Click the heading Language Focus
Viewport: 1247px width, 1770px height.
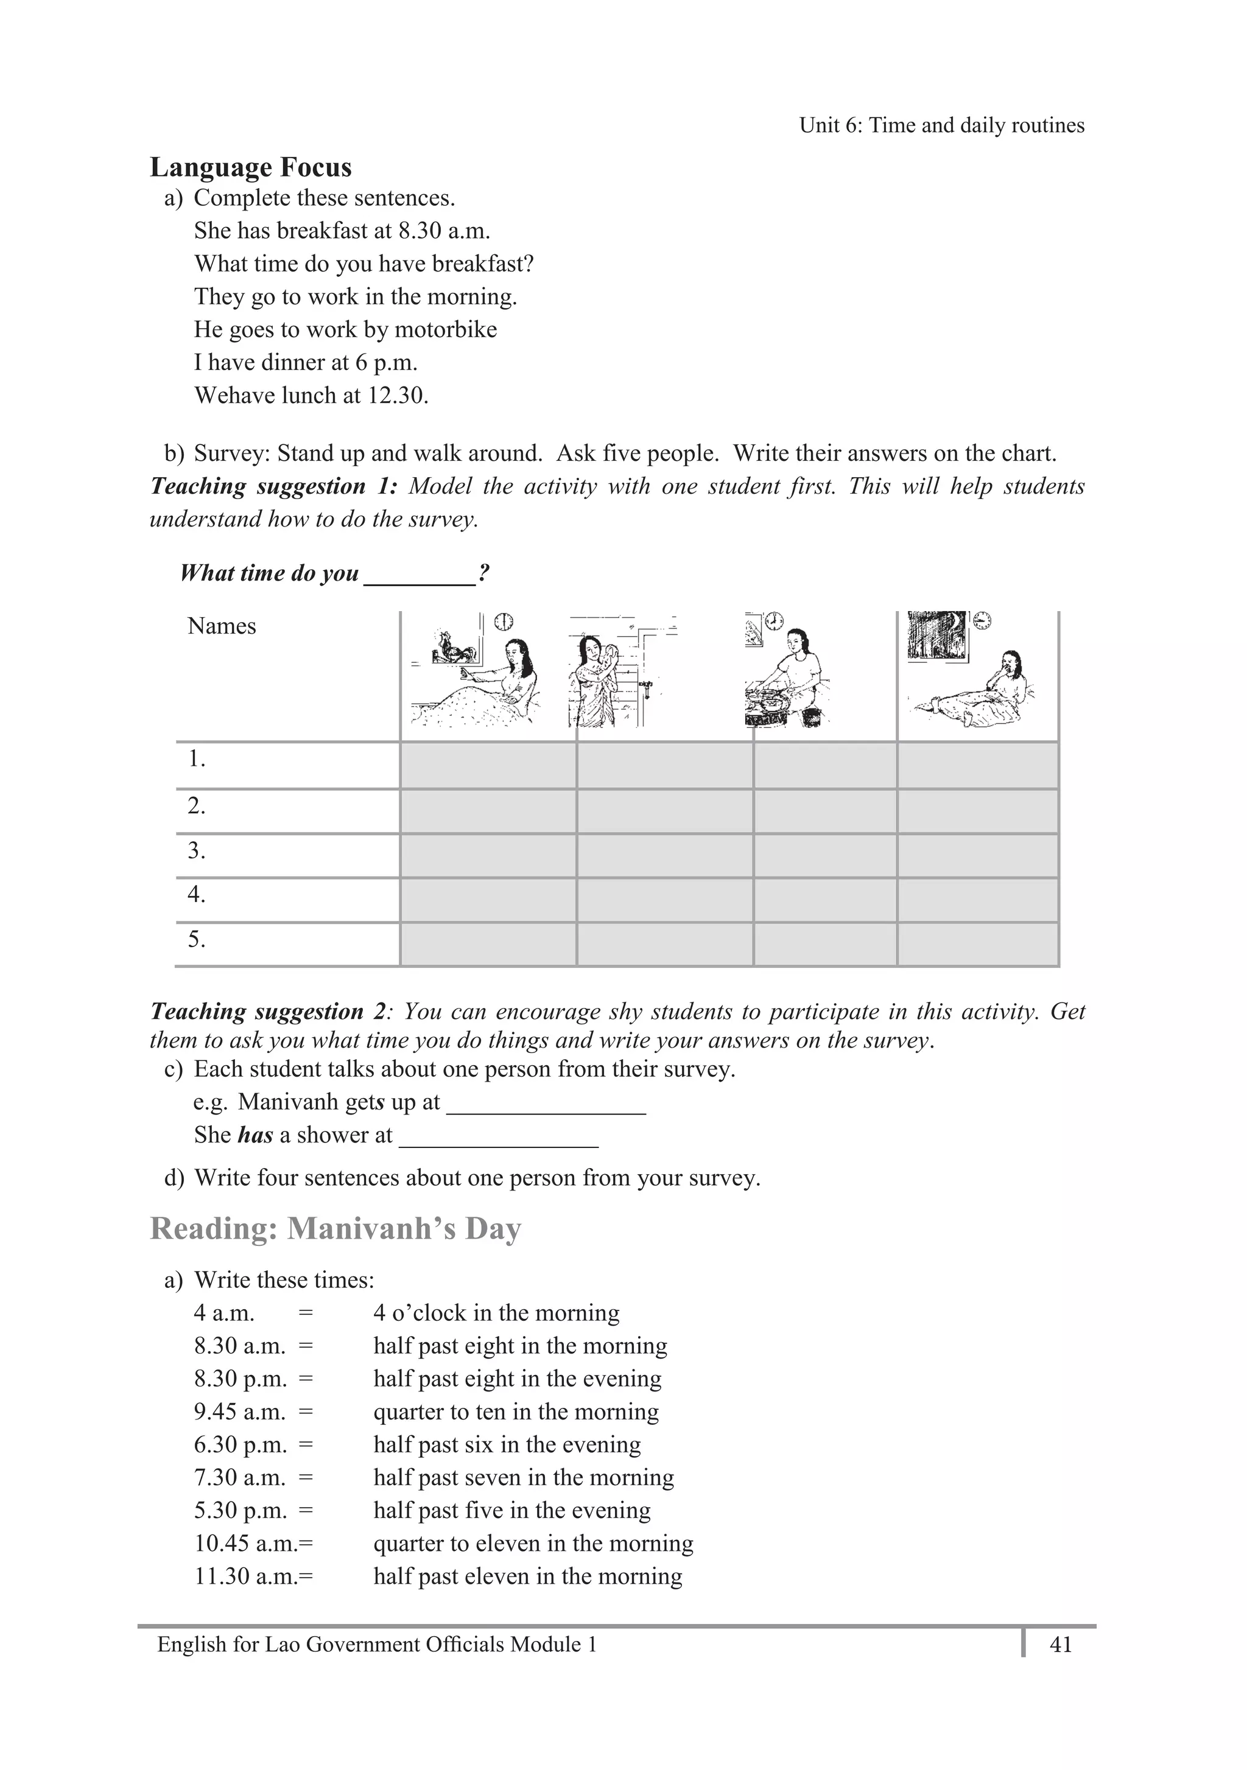pos(251,167)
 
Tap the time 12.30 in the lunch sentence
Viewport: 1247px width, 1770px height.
pos(396,396)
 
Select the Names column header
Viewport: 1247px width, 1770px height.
pos(221,626)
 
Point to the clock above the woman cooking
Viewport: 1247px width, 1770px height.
pos(773,621)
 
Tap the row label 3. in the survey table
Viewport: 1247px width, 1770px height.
pos(197,850)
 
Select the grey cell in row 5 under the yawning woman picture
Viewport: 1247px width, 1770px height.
pos(977,943)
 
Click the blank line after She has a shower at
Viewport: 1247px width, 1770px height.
pos(498,1136)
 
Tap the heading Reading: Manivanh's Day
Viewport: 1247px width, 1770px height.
pos(335,1228)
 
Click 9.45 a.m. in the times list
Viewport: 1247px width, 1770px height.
pos(240,1411)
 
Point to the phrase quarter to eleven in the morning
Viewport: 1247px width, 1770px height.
pos(533,1544)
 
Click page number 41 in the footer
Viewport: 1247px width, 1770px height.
pos(1060,1645)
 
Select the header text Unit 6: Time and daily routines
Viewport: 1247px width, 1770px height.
pos(941,125)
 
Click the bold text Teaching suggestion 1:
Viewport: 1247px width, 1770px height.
pos(273,486)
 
